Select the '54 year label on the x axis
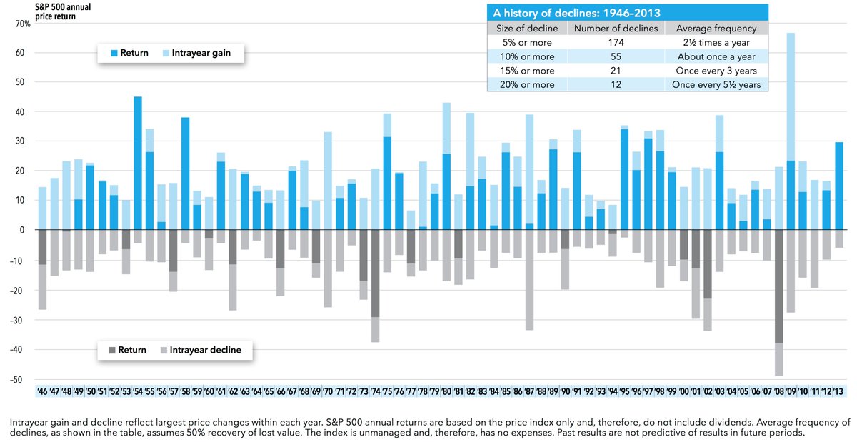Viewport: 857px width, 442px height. coord(137,392)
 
